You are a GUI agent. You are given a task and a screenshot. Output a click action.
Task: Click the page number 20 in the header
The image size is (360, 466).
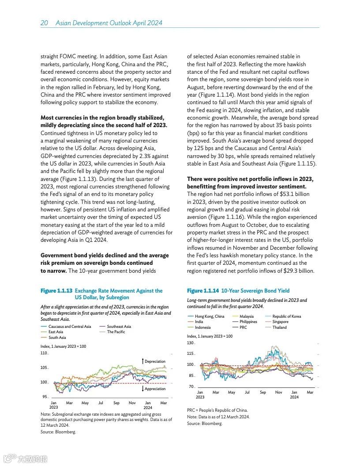44,23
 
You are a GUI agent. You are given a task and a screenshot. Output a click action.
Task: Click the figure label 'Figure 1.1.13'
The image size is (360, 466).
56,291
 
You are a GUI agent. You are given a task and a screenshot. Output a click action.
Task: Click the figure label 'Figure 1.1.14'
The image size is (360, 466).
203,291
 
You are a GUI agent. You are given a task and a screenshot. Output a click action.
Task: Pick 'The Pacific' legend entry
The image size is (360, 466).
116,332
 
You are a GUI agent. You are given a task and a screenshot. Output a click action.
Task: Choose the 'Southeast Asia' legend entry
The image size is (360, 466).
119,327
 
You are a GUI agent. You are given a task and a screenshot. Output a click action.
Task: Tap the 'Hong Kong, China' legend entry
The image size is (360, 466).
209,316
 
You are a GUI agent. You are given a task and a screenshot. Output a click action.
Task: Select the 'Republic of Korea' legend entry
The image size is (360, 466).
286,316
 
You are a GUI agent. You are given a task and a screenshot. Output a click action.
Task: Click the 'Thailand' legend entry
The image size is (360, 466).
279,327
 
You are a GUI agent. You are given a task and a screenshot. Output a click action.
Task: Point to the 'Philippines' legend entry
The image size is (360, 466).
248,322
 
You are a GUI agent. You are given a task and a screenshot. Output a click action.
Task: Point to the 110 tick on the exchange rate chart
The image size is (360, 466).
44,353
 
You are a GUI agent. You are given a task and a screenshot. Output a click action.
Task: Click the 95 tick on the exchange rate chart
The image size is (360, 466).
45,397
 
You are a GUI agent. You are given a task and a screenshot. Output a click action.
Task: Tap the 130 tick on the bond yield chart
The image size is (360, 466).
191,343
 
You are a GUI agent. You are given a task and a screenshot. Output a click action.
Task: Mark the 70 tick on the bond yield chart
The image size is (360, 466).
191,387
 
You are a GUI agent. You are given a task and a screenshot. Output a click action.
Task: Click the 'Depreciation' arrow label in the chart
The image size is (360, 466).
155,361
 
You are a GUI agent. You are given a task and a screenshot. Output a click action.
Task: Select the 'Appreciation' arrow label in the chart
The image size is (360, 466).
155,389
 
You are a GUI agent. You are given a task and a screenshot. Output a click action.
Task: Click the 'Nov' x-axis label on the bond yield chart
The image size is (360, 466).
278,392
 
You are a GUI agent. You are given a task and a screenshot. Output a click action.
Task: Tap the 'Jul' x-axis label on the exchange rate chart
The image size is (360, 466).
101,403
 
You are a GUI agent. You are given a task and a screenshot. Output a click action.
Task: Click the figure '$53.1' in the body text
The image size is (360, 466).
294,194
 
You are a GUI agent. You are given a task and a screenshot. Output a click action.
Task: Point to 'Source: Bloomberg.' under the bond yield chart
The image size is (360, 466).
205,424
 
